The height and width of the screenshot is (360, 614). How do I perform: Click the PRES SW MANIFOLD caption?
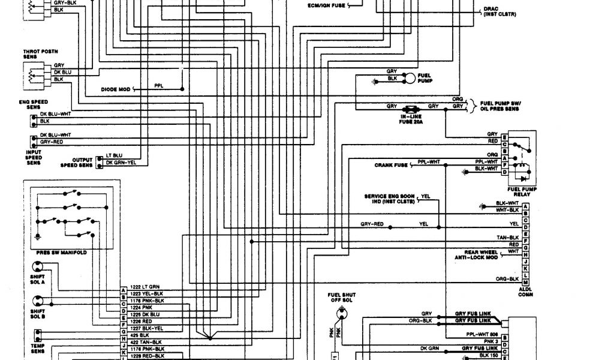(62, 253)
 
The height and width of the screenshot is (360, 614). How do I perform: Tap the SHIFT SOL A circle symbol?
(35, 267)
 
